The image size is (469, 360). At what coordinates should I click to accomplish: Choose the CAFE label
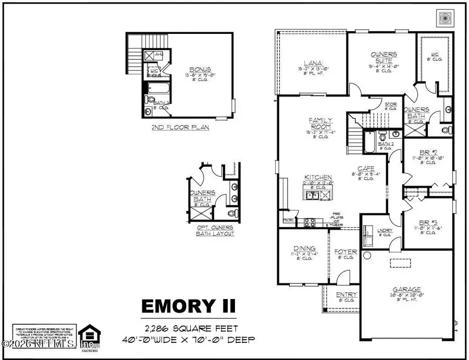[x=364, y=169]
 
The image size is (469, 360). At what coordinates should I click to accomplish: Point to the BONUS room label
[x=200, y=68]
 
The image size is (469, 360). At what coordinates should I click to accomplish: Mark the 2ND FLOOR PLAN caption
[x=174, y=127]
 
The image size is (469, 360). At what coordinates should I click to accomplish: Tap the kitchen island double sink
[x=313, y=195]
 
